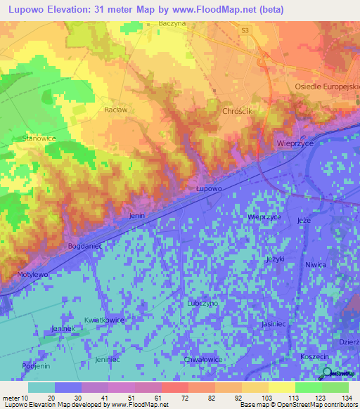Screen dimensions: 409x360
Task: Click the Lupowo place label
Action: [209, 189]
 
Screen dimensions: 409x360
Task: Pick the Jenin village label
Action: [137, 216]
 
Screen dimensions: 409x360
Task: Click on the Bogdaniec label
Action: [85, 246]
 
